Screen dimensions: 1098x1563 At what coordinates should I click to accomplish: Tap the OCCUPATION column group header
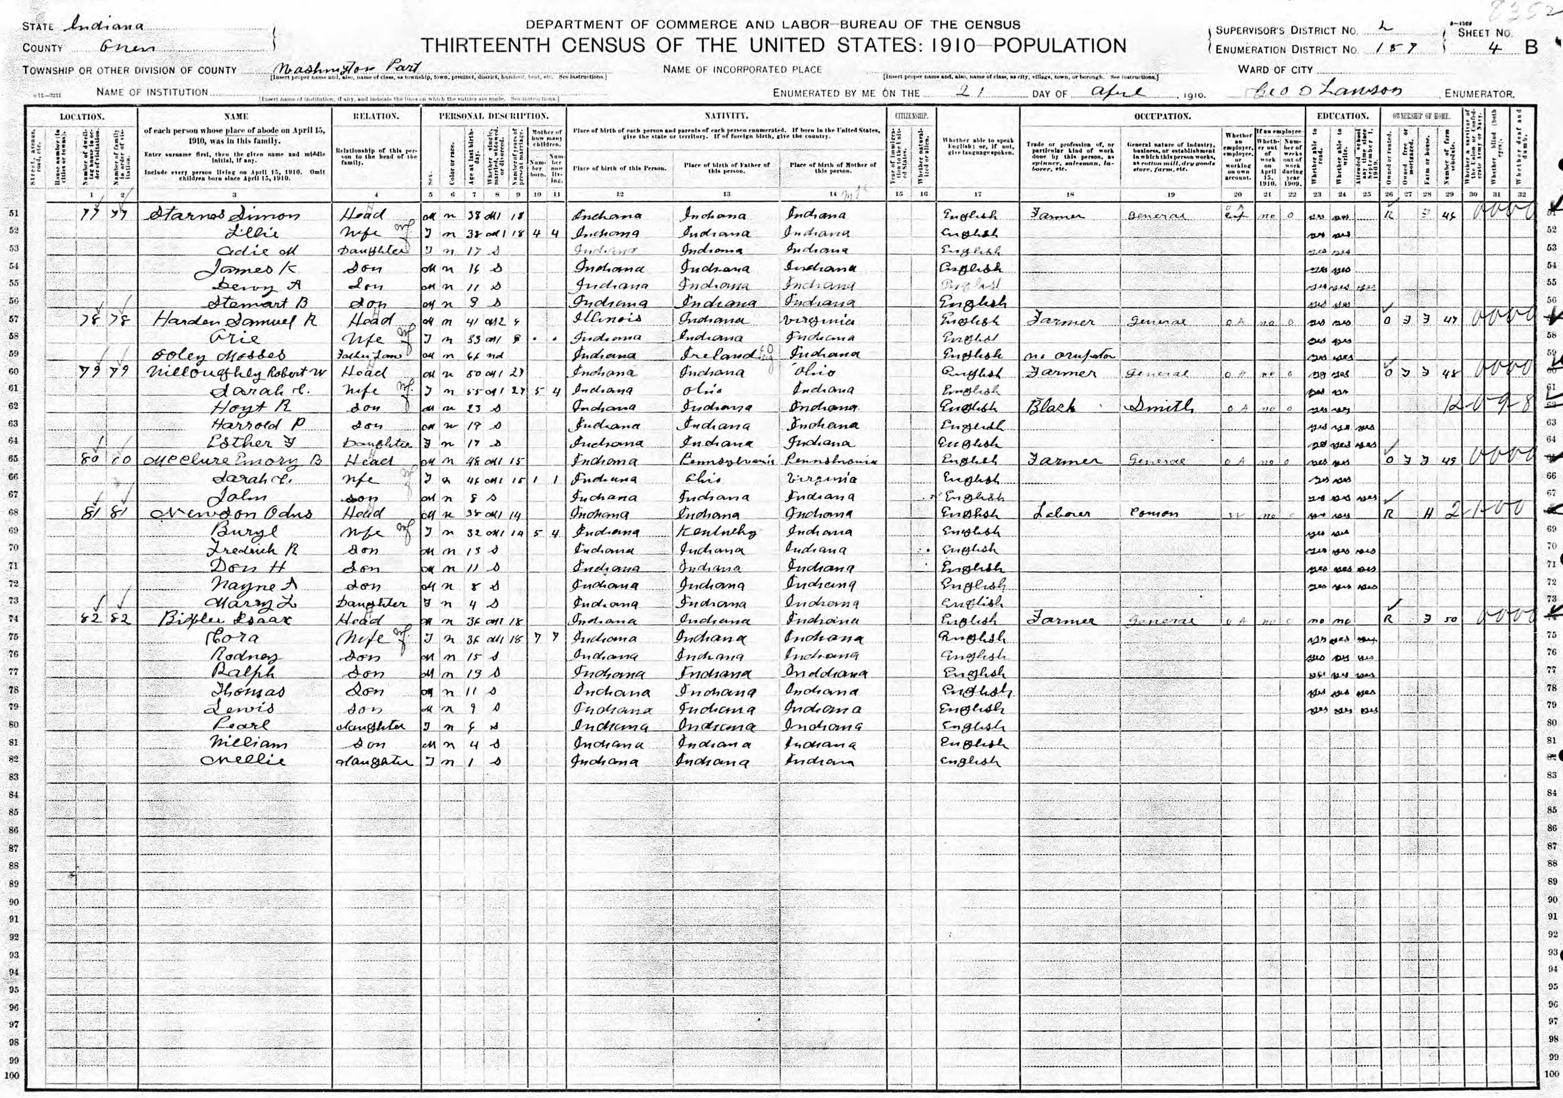click(x=1162, y=116)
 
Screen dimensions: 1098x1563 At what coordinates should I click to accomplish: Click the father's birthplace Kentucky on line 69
click(x=715, y=531)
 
